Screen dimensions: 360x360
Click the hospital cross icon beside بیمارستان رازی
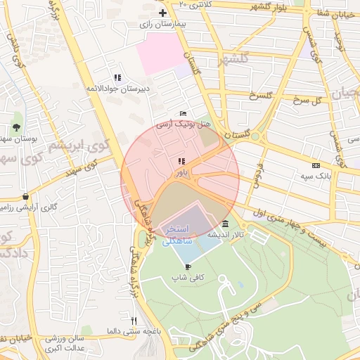163,13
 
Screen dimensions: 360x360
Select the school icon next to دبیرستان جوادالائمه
117,77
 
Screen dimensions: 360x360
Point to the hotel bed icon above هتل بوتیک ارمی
184,113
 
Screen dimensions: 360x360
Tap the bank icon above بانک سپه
314,165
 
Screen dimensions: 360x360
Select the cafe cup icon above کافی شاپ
188,266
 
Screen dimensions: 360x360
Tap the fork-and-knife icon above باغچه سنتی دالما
134,321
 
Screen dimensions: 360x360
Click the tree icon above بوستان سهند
15,127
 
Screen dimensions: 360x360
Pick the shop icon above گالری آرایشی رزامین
26,197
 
